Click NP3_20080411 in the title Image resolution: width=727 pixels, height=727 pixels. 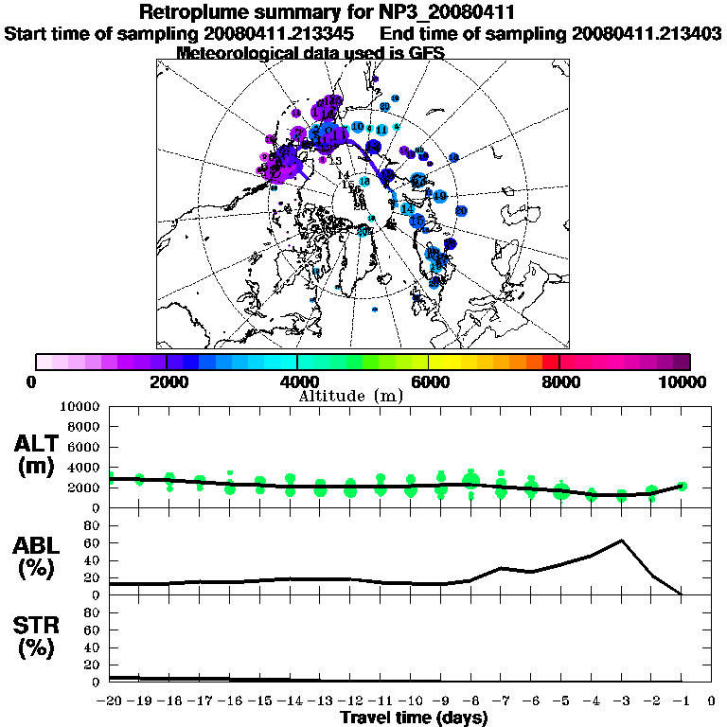[x=453, y=13]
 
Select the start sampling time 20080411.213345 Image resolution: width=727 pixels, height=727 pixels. [x=285, y=33]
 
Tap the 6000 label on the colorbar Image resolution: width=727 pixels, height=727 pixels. [x=430, y=381]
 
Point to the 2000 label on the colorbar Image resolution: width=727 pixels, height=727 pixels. [x=168, y=381]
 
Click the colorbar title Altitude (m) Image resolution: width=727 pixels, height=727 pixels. [x=350, y=396]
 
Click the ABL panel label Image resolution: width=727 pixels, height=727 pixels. [x=38, y=555]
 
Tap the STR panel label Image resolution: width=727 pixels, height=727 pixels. [x=38, y=636]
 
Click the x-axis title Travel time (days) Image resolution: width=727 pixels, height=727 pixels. [x=414, y=718]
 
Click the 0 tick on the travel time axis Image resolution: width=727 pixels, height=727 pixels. [x=712, y=702]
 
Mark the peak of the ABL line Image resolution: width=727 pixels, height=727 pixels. [x=621, y=541]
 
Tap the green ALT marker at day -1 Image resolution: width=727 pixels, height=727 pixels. [x=682, y=486]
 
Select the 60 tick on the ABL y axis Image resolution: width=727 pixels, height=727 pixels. [x=93, y=542]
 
